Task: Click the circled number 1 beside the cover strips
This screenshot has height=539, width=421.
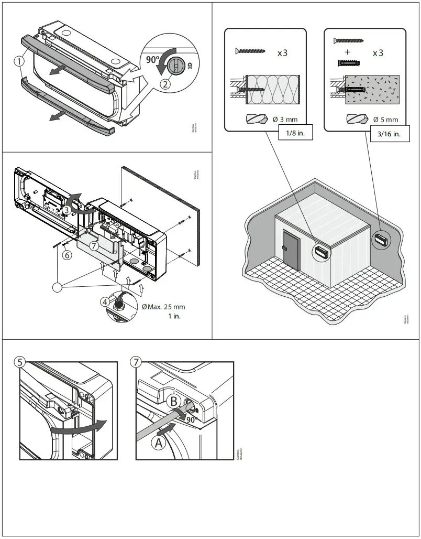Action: point(19,61)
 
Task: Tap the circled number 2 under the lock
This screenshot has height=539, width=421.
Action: point(165,82)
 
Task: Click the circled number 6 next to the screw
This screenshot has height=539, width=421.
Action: point(67,255)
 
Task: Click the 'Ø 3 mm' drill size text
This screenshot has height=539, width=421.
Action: point(285,120)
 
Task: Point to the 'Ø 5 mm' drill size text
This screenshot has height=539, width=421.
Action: point(385,120)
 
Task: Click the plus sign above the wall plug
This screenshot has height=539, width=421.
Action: point(347,52)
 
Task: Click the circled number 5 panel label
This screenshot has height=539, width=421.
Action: point(20,362)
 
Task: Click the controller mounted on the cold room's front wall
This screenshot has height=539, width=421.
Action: point(322,251)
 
